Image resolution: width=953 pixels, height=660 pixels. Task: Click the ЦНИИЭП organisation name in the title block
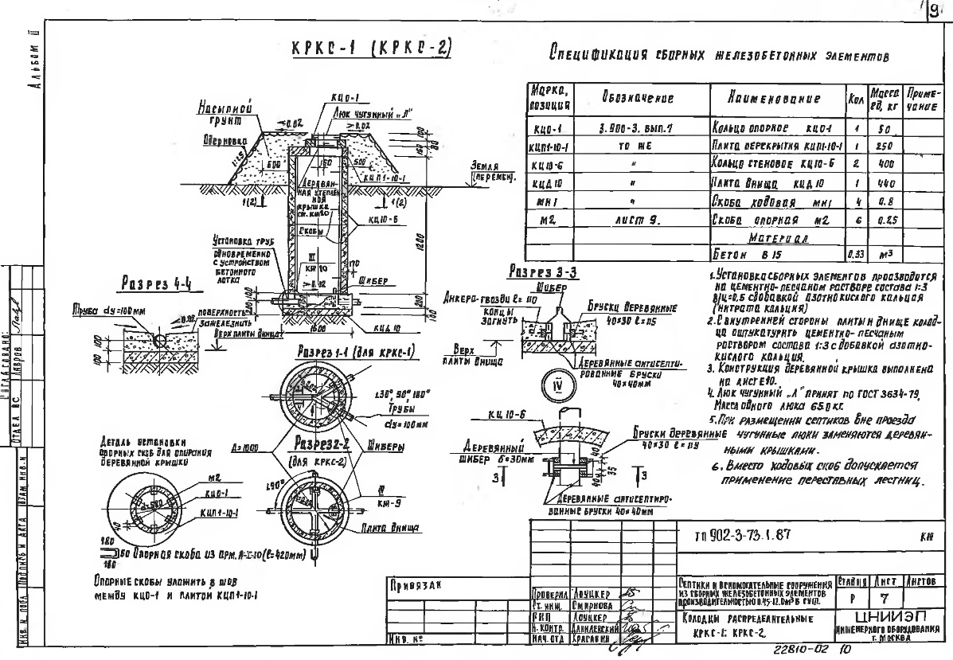click(x=895, y=615)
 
